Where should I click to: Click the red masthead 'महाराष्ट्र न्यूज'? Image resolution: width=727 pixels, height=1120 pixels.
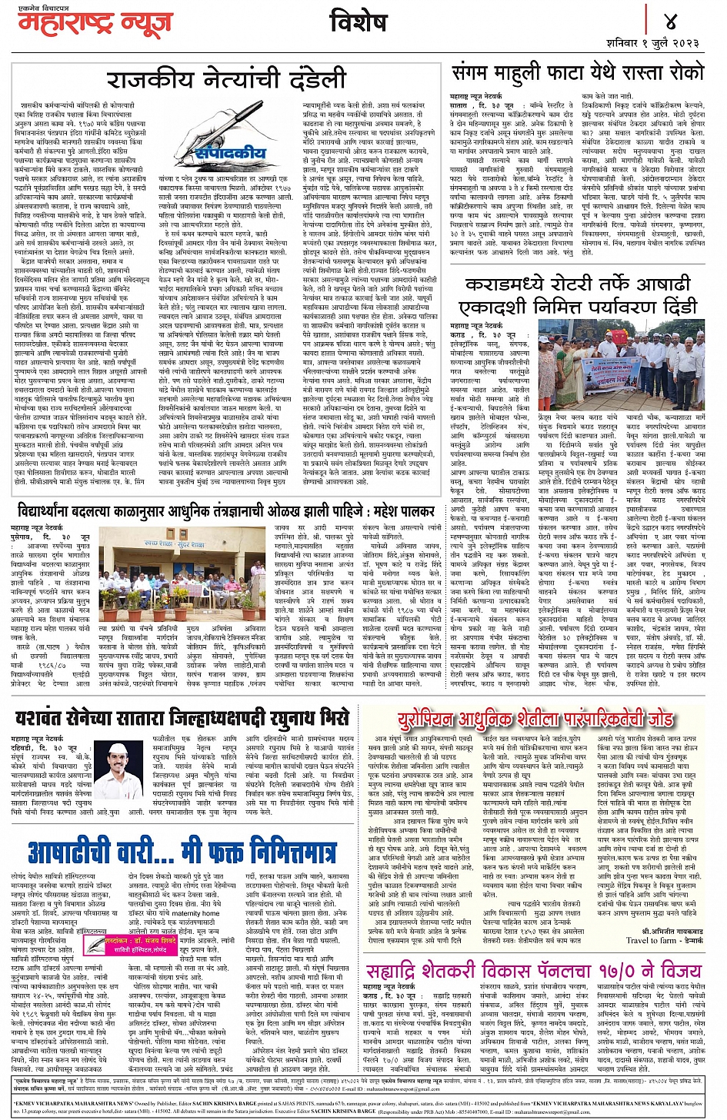pos(95,24)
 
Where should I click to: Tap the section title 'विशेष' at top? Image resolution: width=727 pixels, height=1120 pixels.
pos(358,23)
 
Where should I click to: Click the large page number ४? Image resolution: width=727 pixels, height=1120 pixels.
pos(670,18)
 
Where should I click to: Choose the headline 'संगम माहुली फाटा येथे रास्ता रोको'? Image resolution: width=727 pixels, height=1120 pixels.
pos(578,74)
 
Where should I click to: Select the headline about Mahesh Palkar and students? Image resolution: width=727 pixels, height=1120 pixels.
pos(226,511)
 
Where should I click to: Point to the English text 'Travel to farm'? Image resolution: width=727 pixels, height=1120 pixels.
pos(654,939)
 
